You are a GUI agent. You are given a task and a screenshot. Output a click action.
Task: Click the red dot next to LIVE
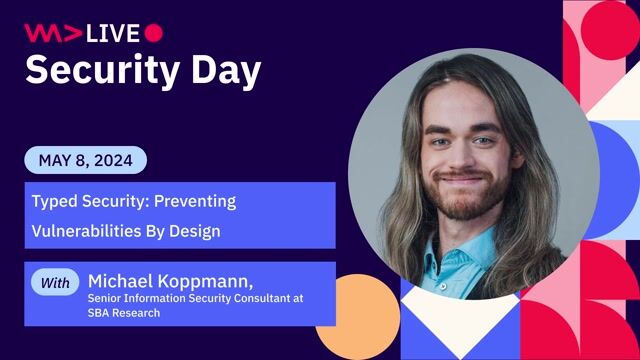click(x=153, y=33)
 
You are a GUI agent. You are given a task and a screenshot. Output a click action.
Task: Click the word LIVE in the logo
click(x=113, y=33)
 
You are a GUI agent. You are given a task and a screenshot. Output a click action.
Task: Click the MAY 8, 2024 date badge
click(x=85, y=160)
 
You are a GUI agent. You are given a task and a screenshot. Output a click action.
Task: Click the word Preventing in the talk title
click(x=200, y=201)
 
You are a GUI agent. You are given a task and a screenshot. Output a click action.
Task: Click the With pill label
click(x=56, y=283)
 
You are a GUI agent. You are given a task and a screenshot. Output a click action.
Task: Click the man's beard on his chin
click(x=462, y=207)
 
